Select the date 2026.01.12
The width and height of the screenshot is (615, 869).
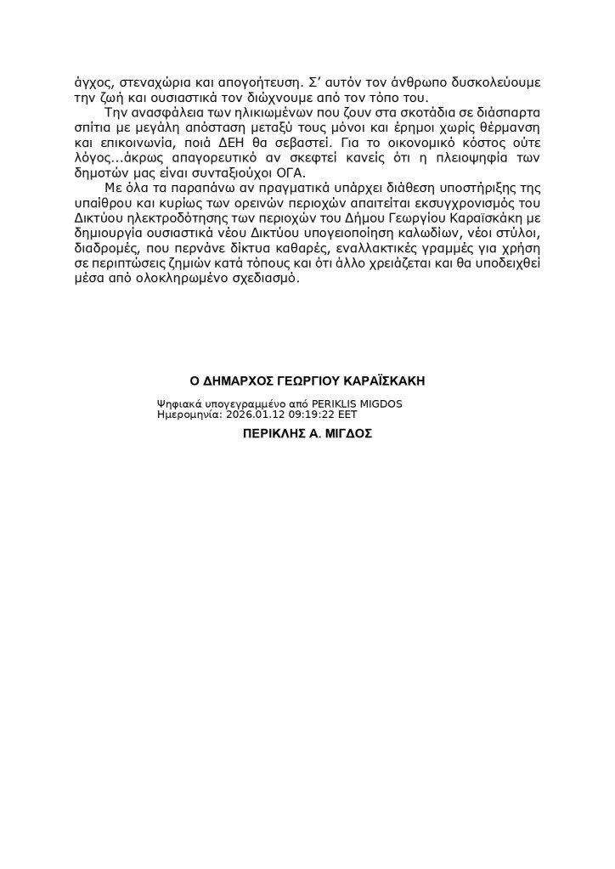click(x=253, y=415)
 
